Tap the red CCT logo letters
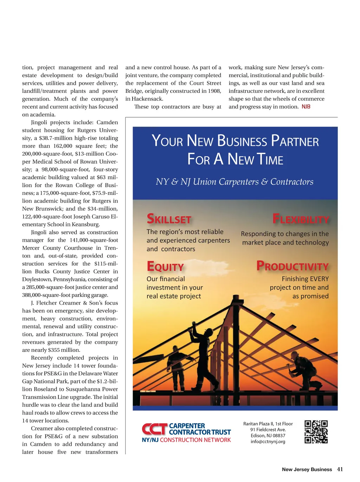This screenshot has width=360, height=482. click(155, 429)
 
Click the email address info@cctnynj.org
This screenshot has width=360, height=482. click(268, 442)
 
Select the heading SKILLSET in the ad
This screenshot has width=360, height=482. click(169, 219)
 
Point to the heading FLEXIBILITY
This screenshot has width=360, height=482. click(301, 219)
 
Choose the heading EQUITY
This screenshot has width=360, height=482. click(165, 266)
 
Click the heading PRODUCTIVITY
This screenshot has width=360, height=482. click(292, 266)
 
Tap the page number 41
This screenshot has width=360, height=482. click(340, 469)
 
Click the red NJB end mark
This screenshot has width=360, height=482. click(306, 107)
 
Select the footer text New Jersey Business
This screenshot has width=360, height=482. click(307, 470)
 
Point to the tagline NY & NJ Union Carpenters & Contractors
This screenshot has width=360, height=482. click(234, 182)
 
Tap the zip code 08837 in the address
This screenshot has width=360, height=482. click(279, 436)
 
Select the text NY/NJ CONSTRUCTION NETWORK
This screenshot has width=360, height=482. click(186, 440)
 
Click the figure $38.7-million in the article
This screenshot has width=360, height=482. click(54, 138)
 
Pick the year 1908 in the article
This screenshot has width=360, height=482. click(214, 91)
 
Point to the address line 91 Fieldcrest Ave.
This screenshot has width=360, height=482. click(268, 430)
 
